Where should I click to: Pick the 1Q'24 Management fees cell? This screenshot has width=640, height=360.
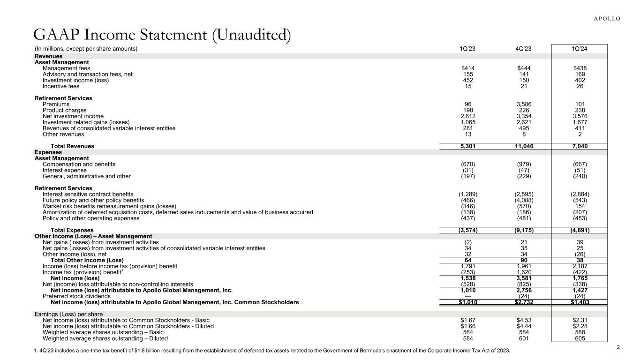580,68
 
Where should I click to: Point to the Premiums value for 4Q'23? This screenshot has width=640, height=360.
524,104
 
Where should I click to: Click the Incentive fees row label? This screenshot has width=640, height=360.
61,86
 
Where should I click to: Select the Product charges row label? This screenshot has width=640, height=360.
64,111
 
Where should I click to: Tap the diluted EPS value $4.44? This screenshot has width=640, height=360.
524,326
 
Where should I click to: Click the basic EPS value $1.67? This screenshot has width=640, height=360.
469,320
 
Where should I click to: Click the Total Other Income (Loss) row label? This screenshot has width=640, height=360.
87,260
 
